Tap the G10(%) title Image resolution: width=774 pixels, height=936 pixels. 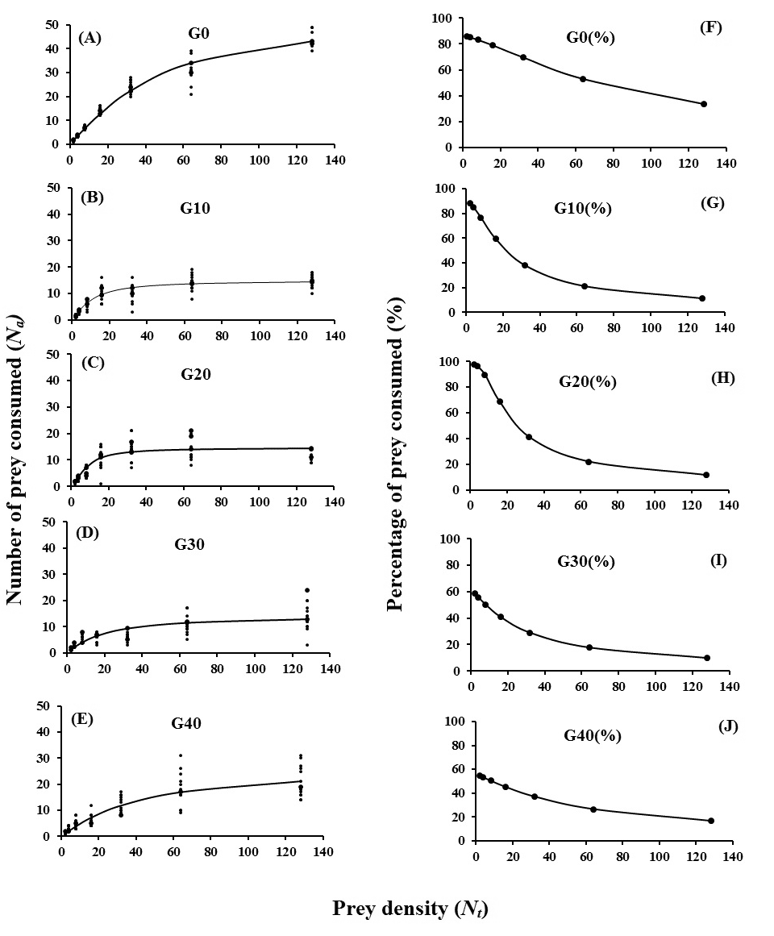583,208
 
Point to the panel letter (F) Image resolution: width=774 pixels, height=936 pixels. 711,28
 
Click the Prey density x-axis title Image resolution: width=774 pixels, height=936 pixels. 410,909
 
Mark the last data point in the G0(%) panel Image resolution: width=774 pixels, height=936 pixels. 704,104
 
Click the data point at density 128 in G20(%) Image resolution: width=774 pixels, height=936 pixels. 706,475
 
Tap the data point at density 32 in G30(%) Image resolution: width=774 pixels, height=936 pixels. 530,633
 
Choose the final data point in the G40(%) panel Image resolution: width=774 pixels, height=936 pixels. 711,821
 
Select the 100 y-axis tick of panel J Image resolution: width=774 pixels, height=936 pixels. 456,722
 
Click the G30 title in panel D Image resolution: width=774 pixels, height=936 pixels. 190,544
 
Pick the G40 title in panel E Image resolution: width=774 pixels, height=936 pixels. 185,723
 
